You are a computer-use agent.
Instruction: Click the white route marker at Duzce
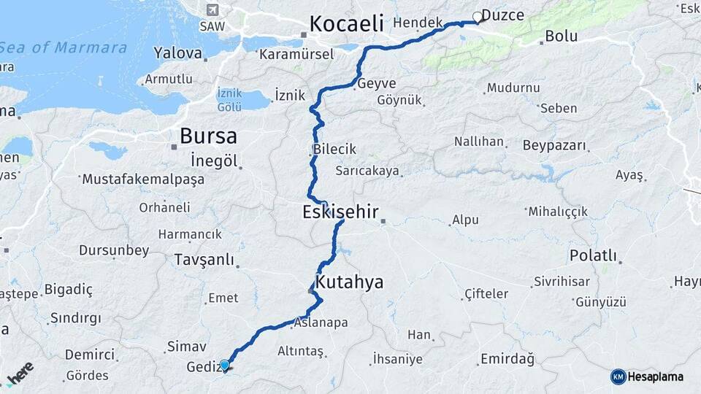478,17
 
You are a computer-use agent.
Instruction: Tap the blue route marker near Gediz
224,365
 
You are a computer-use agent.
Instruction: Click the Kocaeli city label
346,23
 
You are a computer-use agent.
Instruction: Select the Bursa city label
208,136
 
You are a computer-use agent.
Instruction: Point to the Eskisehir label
340,212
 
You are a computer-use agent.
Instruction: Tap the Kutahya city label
349,282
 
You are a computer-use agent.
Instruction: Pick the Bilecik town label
334,149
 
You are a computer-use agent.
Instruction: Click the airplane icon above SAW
212,10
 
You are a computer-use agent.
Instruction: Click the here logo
20,373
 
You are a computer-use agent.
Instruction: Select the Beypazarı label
555,145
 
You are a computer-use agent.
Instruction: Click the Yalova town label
177,53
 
